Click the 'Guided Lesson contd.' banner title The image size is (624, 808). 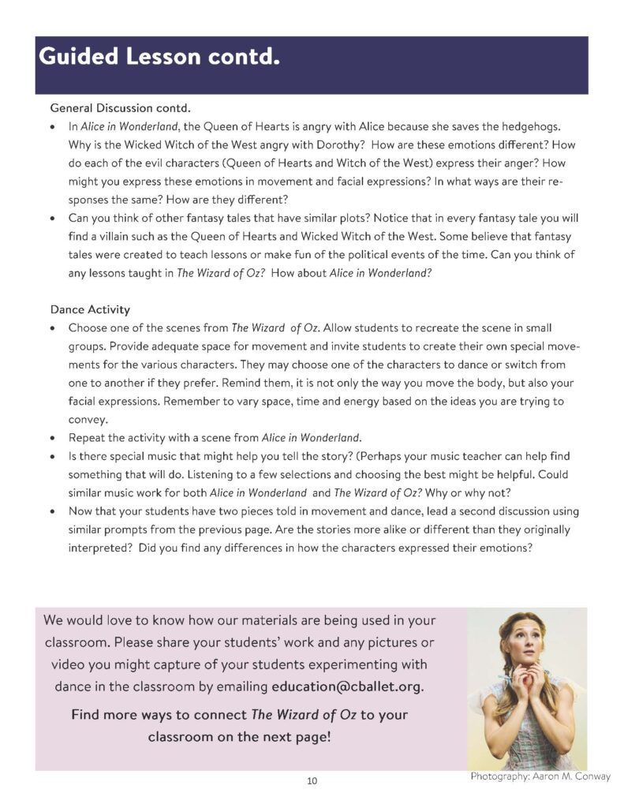[159, 57]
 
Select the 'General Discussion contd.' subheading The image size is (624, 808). [120, 107]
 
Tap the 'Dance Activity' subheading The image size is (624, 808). [90, 309]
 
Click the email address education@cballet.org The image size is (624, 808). [347, 686]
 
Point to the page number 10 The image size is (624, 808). [312, 781]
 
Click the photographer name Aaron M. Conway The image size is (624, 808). [572, 776]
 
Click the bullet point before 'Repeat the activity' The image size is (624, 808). [52, 438]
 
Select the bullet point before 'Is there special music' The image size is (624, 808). [52, 457]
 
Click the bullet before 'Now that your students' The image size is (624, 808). [52, 511]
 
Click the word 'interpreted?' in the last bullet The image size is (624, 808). [100, 548]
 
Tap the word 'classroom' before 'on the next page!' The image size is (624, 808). [181, 737]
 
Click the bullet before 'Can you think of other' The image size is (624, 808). [52, 218]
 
